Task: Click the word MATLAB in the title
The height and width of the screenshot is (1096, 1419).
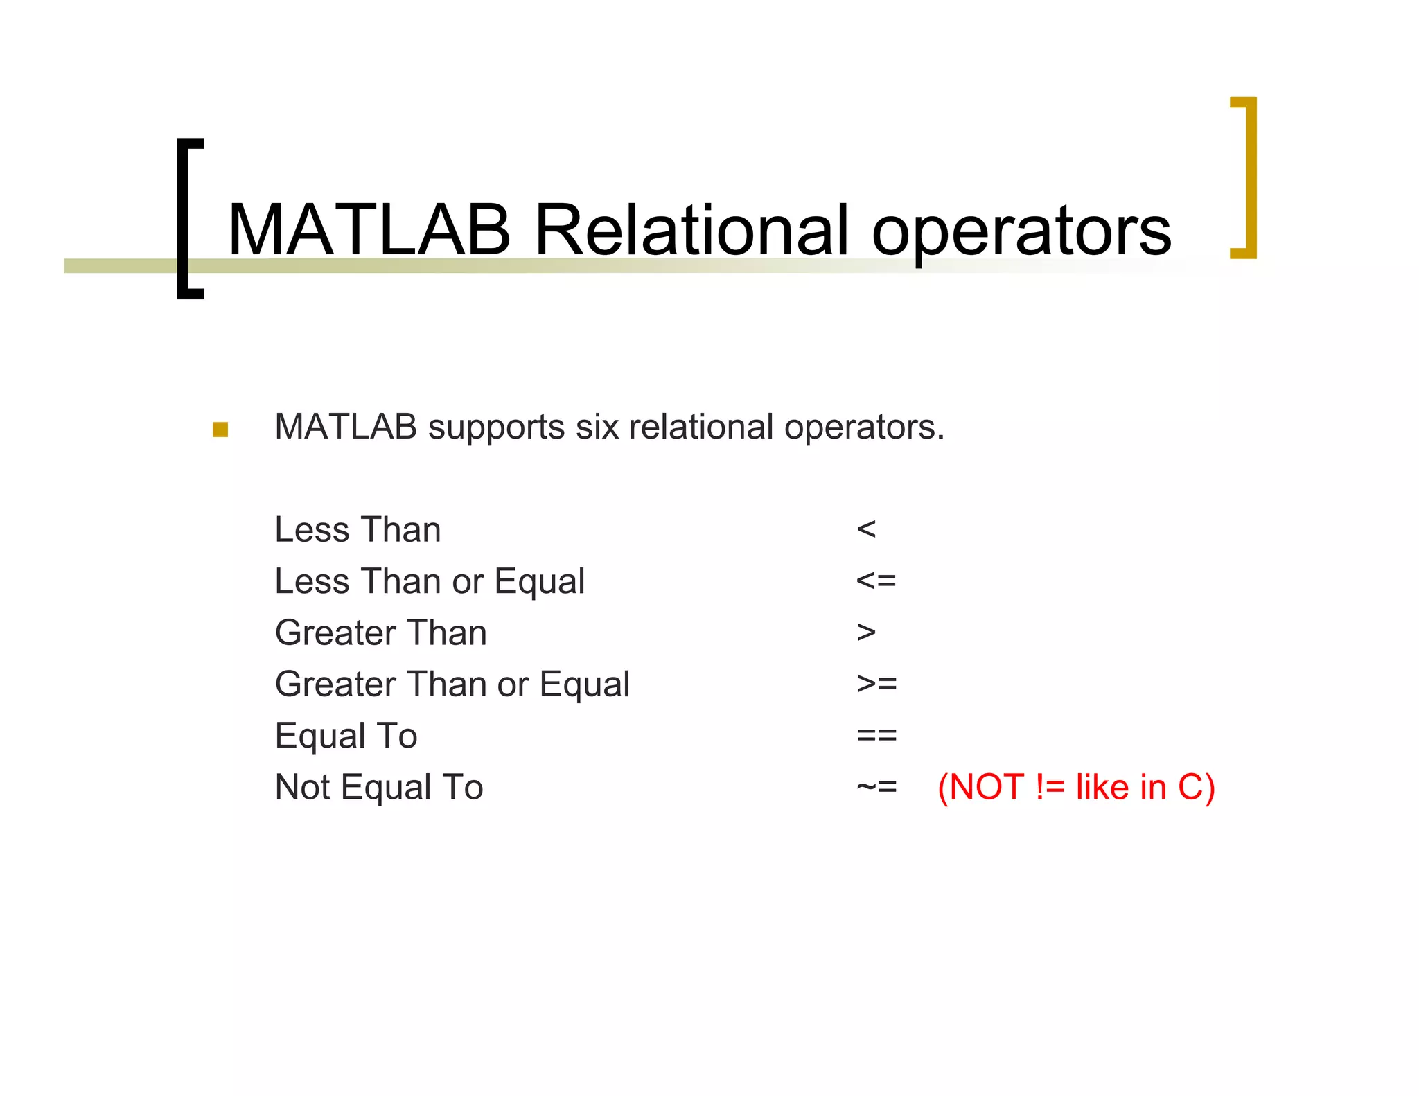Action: (369, 230)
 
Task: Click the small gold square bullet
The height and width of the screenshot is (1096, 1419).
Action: (220, 430)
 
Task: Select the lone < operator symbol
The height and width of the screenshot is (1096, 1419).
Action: (866, 530)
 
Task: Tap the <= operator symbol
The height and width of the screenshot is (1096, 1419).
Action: (876, 581)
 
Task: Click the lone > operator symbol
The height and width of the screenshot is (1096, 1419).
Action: (866, 633)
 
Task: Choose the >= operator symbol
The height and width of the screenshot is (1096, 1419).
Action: (876, 684)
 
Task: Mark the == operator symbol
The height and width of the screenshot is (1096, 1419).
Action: (876, 735)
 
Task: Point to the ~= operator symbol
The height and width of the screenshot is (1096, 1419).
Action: (876, 787)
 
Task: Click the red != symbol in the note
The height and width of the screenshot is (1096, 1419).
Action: (1050, 787)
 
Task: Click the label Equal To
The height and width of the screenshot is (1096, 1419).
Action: (346, 736)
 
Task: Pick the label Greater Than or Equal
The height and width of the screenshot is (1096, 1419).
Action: (452, 684)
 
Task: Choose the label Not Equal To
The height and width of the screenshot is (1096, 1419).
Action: (378, 787)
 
